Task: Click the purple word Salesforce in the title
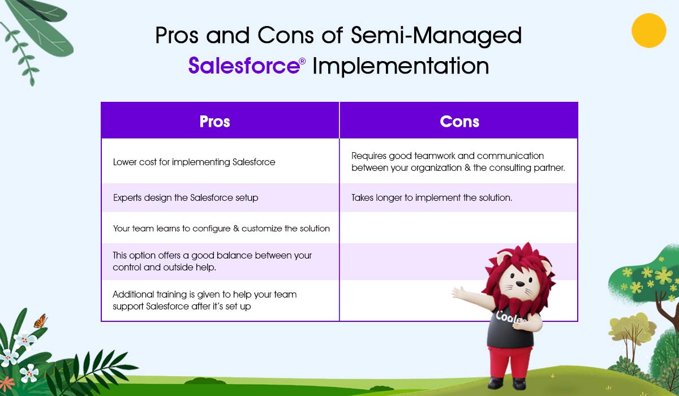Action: (x=244, y=66)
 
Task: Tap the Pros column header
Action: (x=214, y=122)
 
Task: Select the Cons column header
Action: (x=459, y=122)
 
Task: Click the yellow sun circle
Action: (x=648, y=31)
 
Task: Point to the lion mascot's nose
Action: (x=520, y=284)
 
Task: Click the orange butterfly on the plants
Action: (x=40, y=321)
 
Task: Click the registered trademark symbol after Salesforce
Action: (x=302, y=61)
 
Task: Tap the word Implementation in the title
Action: (x=401, y=66)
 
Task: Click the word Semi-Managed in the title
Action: (x=436, y=36)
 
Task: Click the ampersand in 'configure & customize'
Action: (x=236, y=229)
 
